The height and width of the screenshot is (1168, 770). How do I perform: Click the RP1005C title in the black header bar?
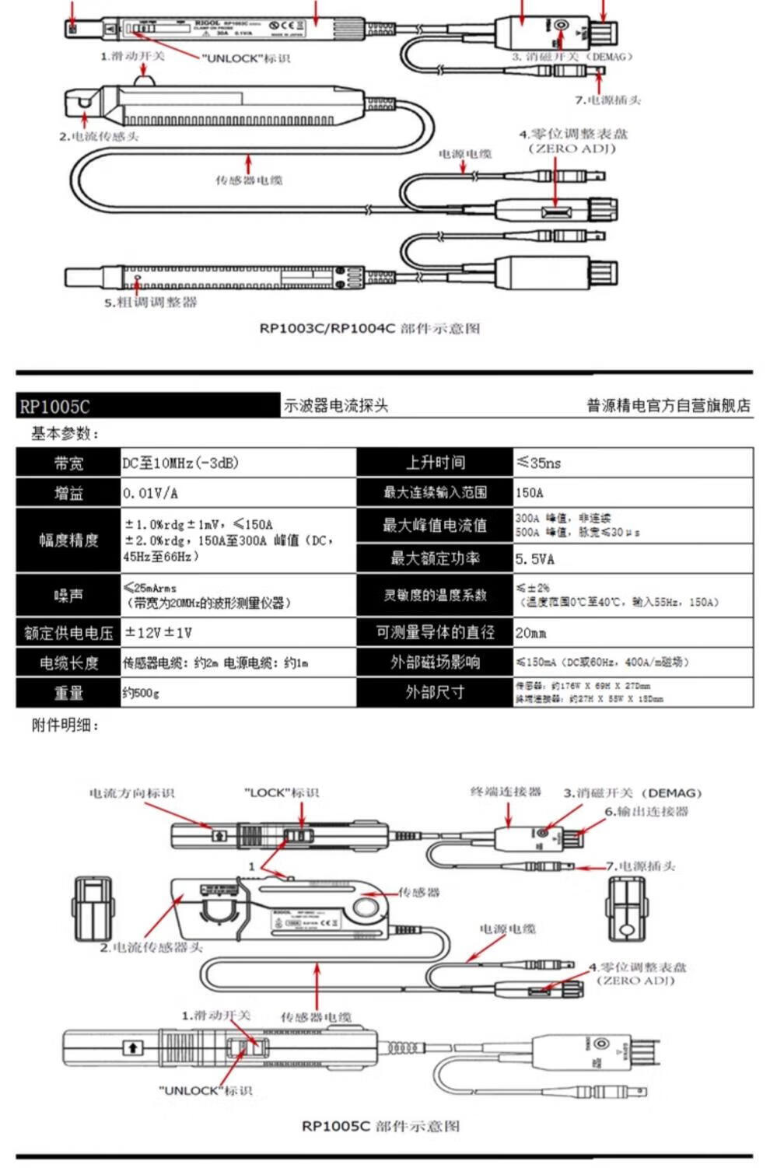click(x=54, y=407)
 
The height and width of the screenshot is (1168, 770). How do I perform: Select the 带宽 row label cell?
click(x=68, y=463)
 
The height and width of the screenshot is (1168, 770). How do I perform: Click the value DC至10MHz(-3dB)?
click(x=180, y=463)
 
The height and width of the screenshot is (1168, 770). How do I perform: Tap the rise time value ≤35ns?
click(x=538, y=463)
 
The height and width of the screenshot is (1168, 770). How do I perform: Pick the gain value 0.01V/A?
click(x=150, y=494)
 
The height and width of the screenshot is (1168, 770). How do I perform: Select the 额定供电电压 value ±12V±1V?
click(x=159, y=633)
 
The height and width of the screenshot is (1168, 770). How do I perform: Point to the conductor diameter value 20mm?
click(x=531, y=633)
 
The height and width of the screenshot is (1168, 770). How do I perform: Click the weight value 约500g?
click(x=141, y=693)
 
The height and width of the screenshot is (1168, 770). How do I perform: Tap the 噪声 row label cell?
click(x=68, y=596)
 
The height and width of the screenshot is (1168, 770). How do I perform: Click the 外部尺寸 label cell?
click(x=435, y=692)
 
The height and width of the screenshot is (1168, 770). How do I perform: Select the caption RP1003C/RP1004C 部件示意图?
click(x=369, y=328)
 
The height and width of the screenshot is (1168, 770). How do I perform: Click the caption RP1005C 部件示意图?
click(x=380, y=1126)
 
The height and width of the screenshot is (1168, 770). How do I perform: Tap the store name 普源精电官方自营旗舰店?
click(x=668, y=405)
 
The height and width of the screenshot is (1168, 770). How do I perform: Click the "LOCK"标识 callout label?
click(x=282, y=793)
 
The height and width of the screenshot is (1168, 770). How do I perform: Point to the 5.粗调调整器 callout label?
click(x=151, y=302)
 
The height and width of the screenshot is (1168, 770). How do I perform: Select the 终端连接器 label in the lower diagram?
click(x=506, y=792)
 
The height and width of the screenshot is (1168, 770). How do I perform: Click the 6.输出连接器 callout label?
click(x=646, y=812)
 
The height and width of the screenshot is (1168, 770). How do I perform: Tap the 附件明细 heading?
click(x=65, y=726)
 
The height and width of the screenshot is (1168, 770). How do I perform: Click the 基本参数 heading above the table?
click(x=65, y=434)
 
